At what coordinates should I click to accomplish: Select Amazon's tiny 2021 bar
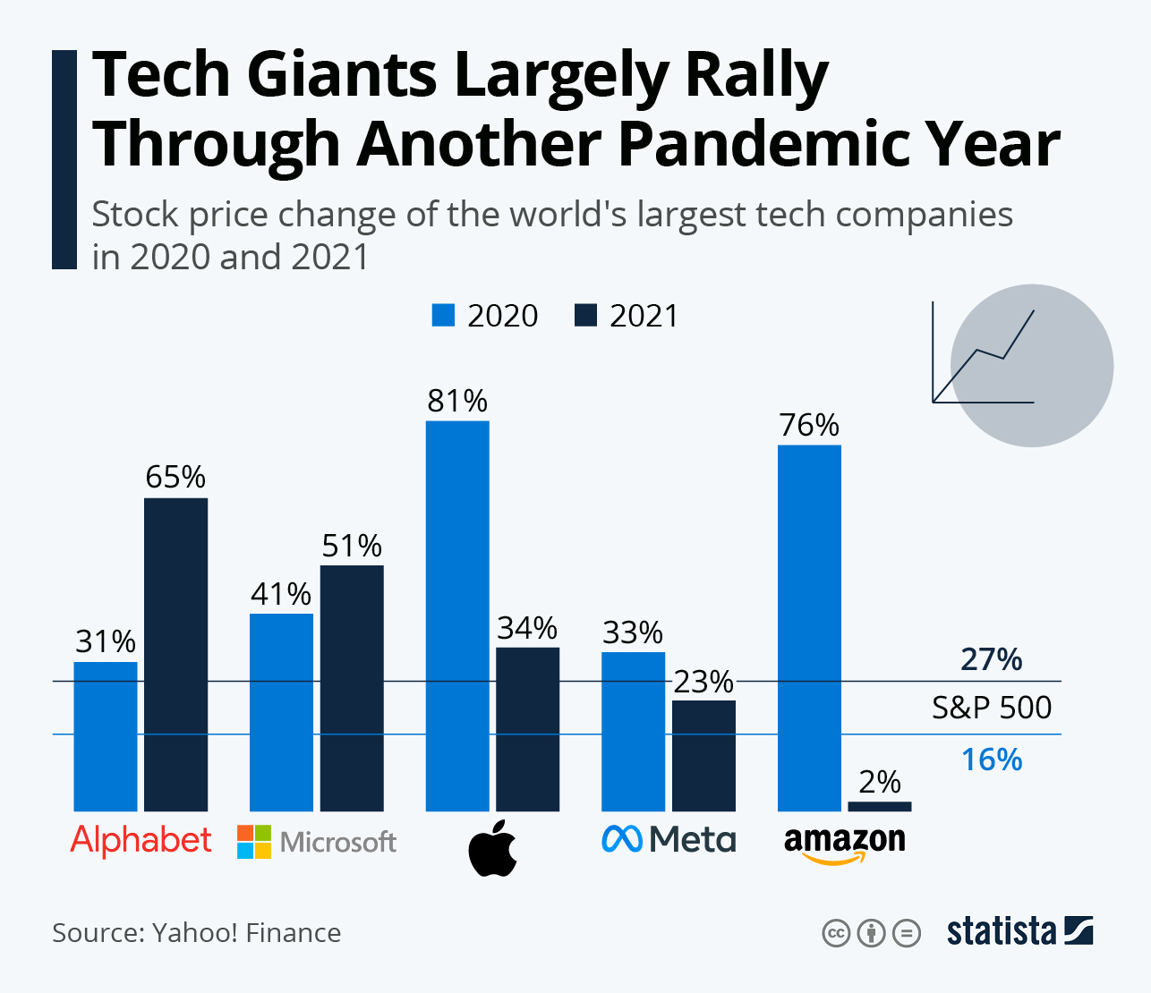click(x=879, y=806)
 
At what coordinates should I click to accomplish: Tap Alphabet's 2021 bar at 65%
click(x=175, y=654)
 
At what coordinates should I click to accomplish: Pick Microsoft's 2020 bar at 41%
click(x=281, y=712)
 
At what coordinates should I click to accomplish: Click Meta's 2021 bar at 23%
click(x=703, y=755)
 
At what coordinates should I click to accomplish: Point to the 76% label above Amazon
click(x=809, y=425)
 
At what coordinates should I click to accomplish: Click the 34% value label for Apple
click(x=527, y=628)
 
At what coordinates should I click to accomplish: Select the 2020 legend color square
click(x=443, y=315)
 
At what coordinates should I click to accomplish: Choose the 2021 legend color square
click(x=585, y=315)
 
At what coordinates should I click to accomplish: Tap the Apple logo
click(x=493, y=847)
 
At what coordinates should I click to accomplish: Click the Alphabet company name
click(x=141, y=840)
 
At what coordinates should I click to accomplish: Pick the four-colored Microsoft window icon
click(x=254, y=842)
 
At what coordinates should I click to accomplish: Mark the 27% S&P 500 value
click(x=992, y=659)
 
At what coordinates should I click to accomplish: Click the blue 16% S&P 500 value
click(x=992, y=760)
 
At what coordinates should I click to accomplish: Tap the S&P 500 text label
click(x=992, y=708)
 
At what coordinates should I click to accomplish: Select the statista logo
click(x=1019, y=931)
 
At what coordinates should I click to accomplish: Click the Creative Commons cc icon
click(x=835, y=933)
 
